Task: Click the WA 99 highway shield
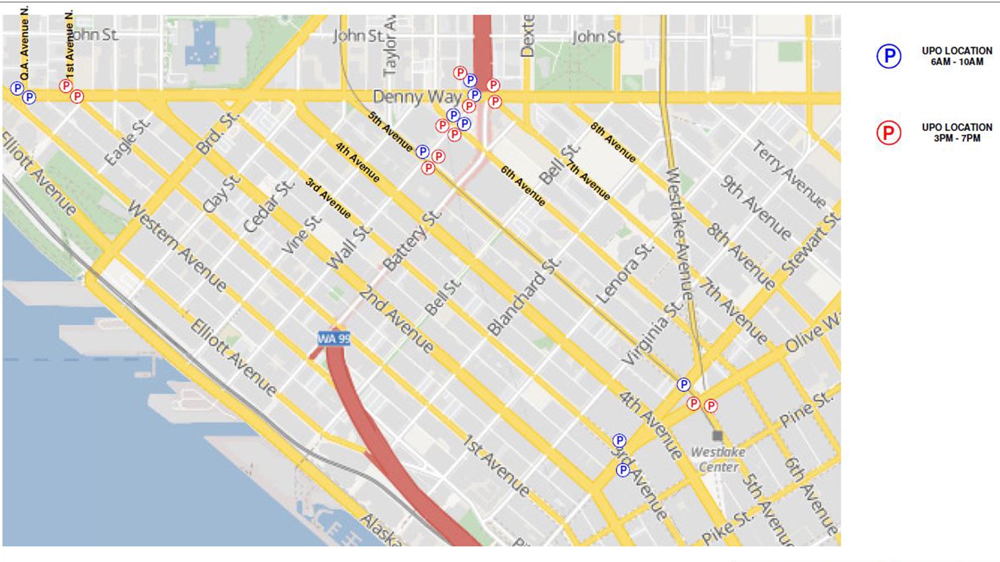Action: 334,339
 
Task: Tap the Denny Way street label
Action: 418,97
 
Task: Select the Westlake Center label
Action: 718,459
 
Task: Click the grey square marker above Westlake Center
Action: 718,436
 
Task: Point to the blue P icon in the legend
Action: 889,56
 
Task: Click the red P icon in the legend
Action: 889,133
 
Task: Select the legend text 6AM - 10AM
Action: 957,62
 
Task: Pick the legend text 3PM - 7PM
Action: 957,138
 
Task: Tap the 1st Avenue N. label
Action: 69,44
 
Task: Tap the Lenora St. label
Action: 624,273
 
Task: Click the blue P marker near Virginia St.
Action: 683,385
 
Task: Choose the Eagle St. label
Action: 128,142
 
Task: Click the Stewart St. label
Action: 810,244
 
